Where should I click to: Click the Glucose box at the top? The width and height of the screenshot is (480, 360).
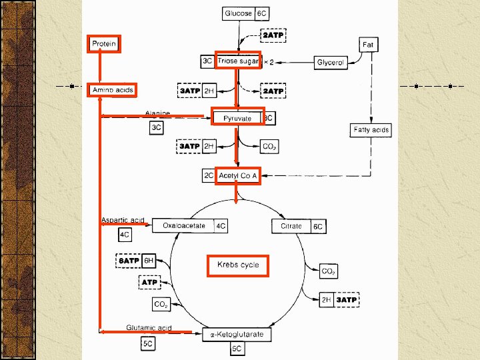click(x=238, y=13)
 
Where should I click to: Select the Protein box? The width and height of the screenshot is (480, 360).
click(x=104, y=44)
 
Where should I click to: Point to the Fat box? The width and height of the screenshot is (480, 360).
click(x=367, y=45)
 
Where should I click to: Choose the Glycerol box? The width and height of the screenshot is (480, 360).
click(x=330, y=62)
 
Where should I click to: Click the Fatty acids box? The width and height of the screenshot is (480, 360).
click(x=371, y=130)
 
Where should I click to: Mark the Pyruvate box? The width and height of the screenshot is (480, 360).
click(x=237, y=118)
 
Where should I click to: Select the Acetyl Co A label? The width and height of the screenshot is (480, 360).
click(x=238, y=176)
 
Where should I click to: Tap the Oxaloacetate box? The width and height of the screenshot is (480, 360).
click(x=183, y=226)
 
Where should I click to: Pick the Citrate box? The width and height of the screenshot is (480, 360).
click(x=291, y=226)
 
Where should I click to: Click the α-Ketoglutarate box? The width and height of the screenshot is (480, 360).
click(x=237, y=334)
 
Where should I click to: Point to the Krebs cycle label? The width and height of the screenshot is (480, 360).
click(x=237, y=265)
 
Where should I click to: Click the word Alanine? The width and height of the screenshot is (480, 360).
click(x=157, y=113)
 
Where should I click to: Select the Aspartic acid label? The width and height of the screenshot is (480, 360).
click(x=123, y=220)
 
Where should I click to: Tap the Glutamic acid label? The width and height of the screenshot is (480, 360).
click(x=149, y=328)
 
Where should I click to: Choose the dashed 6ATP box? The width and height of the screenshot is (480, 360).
click(x=129, y=261)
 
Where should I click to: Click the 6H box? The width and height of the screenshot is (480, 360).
click(x=149, y=261)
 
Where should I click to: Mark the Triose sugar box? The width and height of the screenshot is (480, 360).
click(x=237, y=61)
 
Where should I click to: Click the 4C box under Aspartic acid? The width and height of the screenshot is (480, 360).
click(x=125, y=235)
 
